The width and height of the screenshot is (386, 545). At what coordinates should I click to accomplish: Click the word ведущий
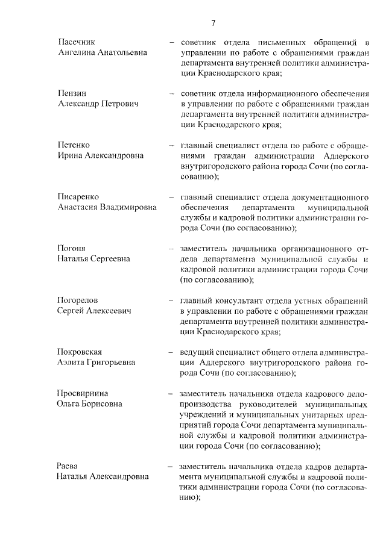[x=197, y=352]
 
